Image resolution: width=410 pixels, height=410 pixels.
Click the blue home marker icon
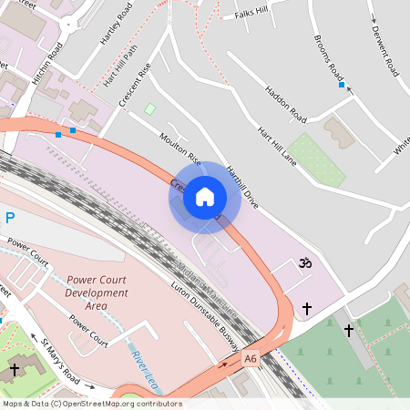point(205,197)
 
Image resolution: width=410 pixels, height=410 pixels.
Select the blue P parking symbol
point(10,218)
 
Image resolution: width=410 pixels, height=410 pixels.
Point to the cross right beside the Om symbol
point(306,309)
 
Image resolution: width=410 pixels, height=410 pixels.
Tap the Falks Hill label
point(251,13)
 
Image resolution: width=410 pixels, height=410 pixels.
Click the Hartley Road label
point(117,24)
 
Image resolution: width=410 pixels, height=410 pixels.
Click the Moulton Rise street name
point(180,146)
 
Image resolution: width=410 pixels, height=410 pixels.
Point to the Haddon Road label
point(284,104)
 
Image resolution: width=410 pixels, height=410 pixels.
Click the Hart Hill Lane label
point(277,146)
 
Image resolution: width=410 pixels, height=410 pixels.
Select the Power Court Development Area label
point(97,287)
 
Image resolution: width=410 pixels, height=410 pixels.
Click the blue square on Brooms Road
point(342,86)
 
